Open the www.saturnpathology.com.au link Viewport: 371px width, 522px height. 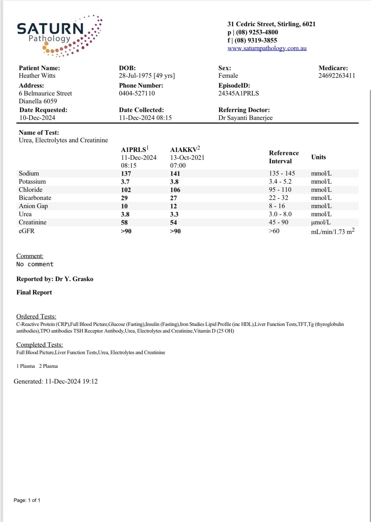click(267, 48)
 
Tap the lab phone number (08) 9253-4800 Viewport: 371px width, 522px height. click(257, 32)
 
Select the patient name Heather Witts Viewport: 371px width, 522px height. click(37, 76)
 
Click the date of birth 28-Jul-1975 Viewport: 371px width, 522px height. click(135, 76)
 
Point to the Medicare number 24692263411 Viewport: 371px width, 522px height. click(336, 76)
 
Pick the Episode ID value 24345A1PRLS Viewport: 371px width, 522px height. click(238, 93)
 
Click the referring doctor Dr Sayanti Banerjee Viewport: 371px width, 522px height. click(245, 118)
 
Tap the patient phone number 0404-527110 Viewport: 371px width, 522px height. click(137, 93)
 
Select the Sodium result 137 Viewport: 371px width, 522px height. click(126, 174)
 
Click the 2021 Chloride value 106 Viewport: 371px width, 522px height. click(175, 190)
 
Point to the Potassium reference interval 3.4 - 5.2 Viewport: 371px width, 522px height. click(280, 182)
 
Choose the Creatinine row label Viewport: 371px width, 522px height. click(33, 222)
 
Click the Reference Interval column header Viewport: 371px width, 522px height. click(283, 157)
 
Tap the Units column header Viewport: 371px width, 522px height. click(318, 157)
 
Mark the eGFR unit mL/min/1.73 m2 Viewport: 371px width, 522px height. click(332, 232)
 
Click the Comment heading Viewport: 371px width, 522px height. click(30, 256)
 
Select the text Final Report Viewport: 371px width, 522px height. click(34, 292)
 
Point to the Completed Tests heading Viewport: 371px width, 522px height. click(40, 345)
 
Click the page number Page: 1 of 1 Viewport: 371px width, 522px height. click(27, 500)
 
